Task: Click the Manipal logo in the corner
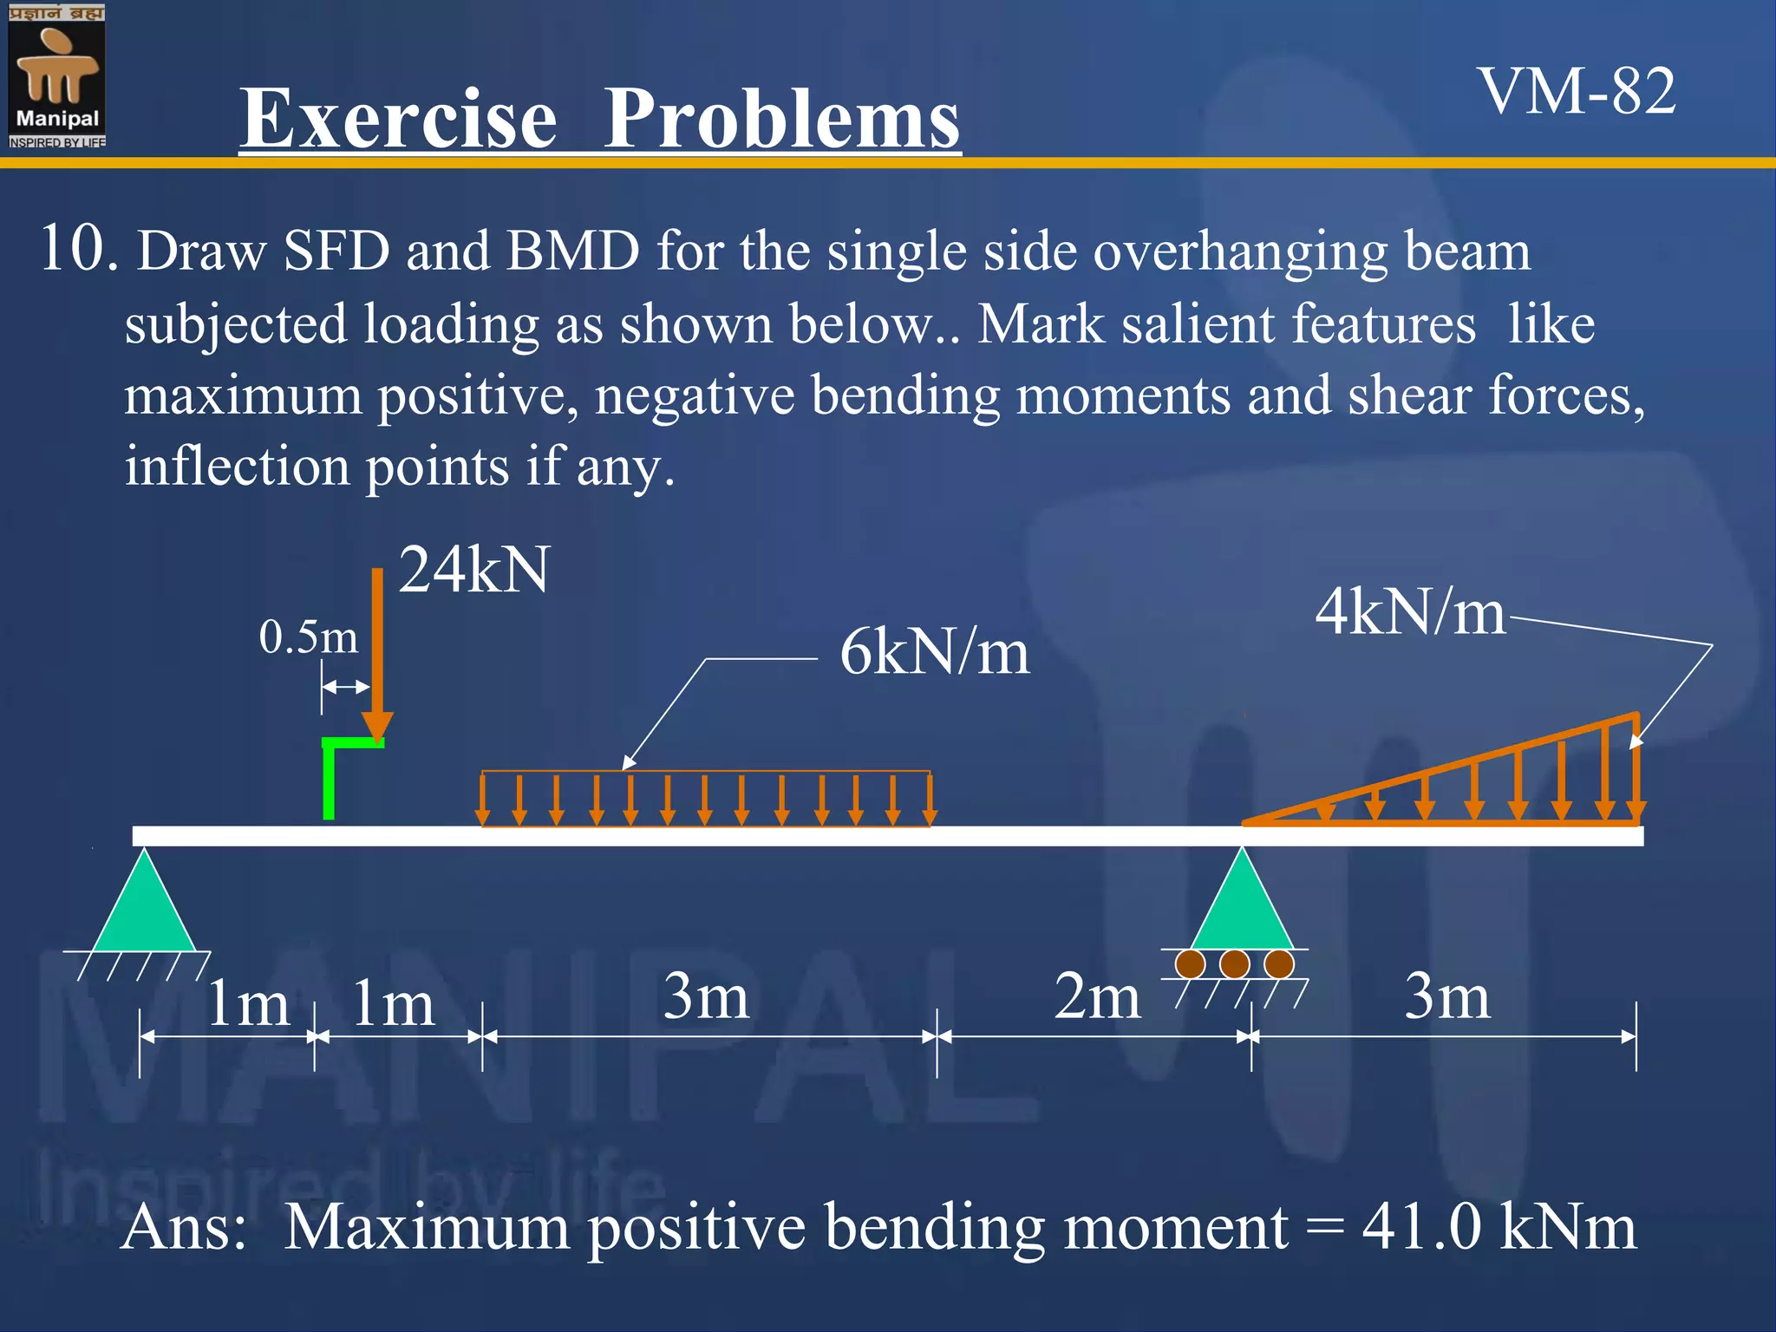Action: (x=56, y=76)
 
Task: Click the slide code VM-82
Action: (x=1577, y=91)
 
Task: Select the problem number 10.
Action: (x=78, y=249)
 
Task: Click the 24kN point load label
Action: (x=473, y=571)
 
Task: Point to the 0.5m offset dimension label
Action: (x=308, y=637)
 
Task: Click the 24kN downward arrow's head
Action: (x=377, y=727)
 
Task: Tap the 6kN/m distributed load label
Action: (x=934, y=652)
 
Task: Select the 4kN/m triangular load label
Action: (x=1410, y=612)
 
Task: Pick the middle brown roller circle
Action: (x=1234, y=963)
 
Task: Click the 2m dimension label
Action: (x=1097, y=996)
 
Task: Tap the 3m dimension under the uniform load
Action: (x=706, y=996)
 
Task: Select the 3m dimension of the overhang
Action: (x=1446, y=996)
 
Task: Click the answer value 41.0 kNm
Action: (x=1498, y=1227)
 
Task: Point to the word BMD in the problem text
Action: (x=572, y=251)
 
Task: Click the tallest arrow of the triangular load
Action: (x=1636, y=767)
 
